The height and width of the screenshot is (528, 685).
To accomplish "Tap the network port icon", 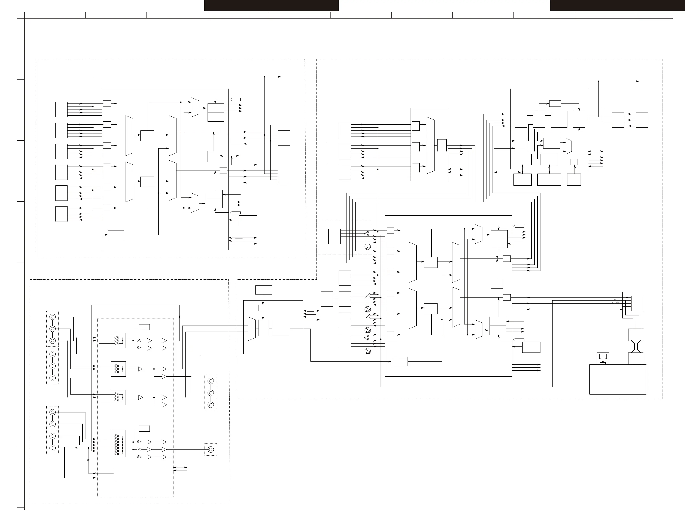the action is pyautogui.click(x=603, y=358).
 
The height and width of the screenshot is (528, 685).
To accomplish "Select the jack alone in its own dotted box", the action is pyautogui.click(x=211, y=449).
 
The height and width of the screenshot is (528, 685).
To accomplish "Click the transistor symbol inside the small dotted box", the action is pyautogui.click(x=368, y=247).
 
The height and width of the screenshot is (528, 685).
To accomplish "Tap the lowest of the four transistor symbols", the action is pyautogui.click(x=368, y=351).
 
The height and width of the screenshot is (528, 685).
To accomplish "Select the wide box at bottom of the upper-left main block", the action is pyautogui.click(x=116, y=235).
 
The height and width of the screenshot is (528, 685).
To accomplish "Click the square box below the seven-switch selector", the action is pyautogui.click(x=120, y=475).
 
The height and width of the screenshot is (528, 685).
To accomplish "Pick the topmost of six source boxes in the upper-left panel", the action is pyautogui.click(x=61, y=109).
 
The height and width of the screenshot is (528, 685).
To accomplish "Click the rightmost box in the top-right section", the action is pyautogui.click(x=642, y=120).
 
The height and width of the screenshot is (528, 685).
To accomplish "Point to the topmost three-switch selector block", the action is pyautogui.click(x=118, y=341).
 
